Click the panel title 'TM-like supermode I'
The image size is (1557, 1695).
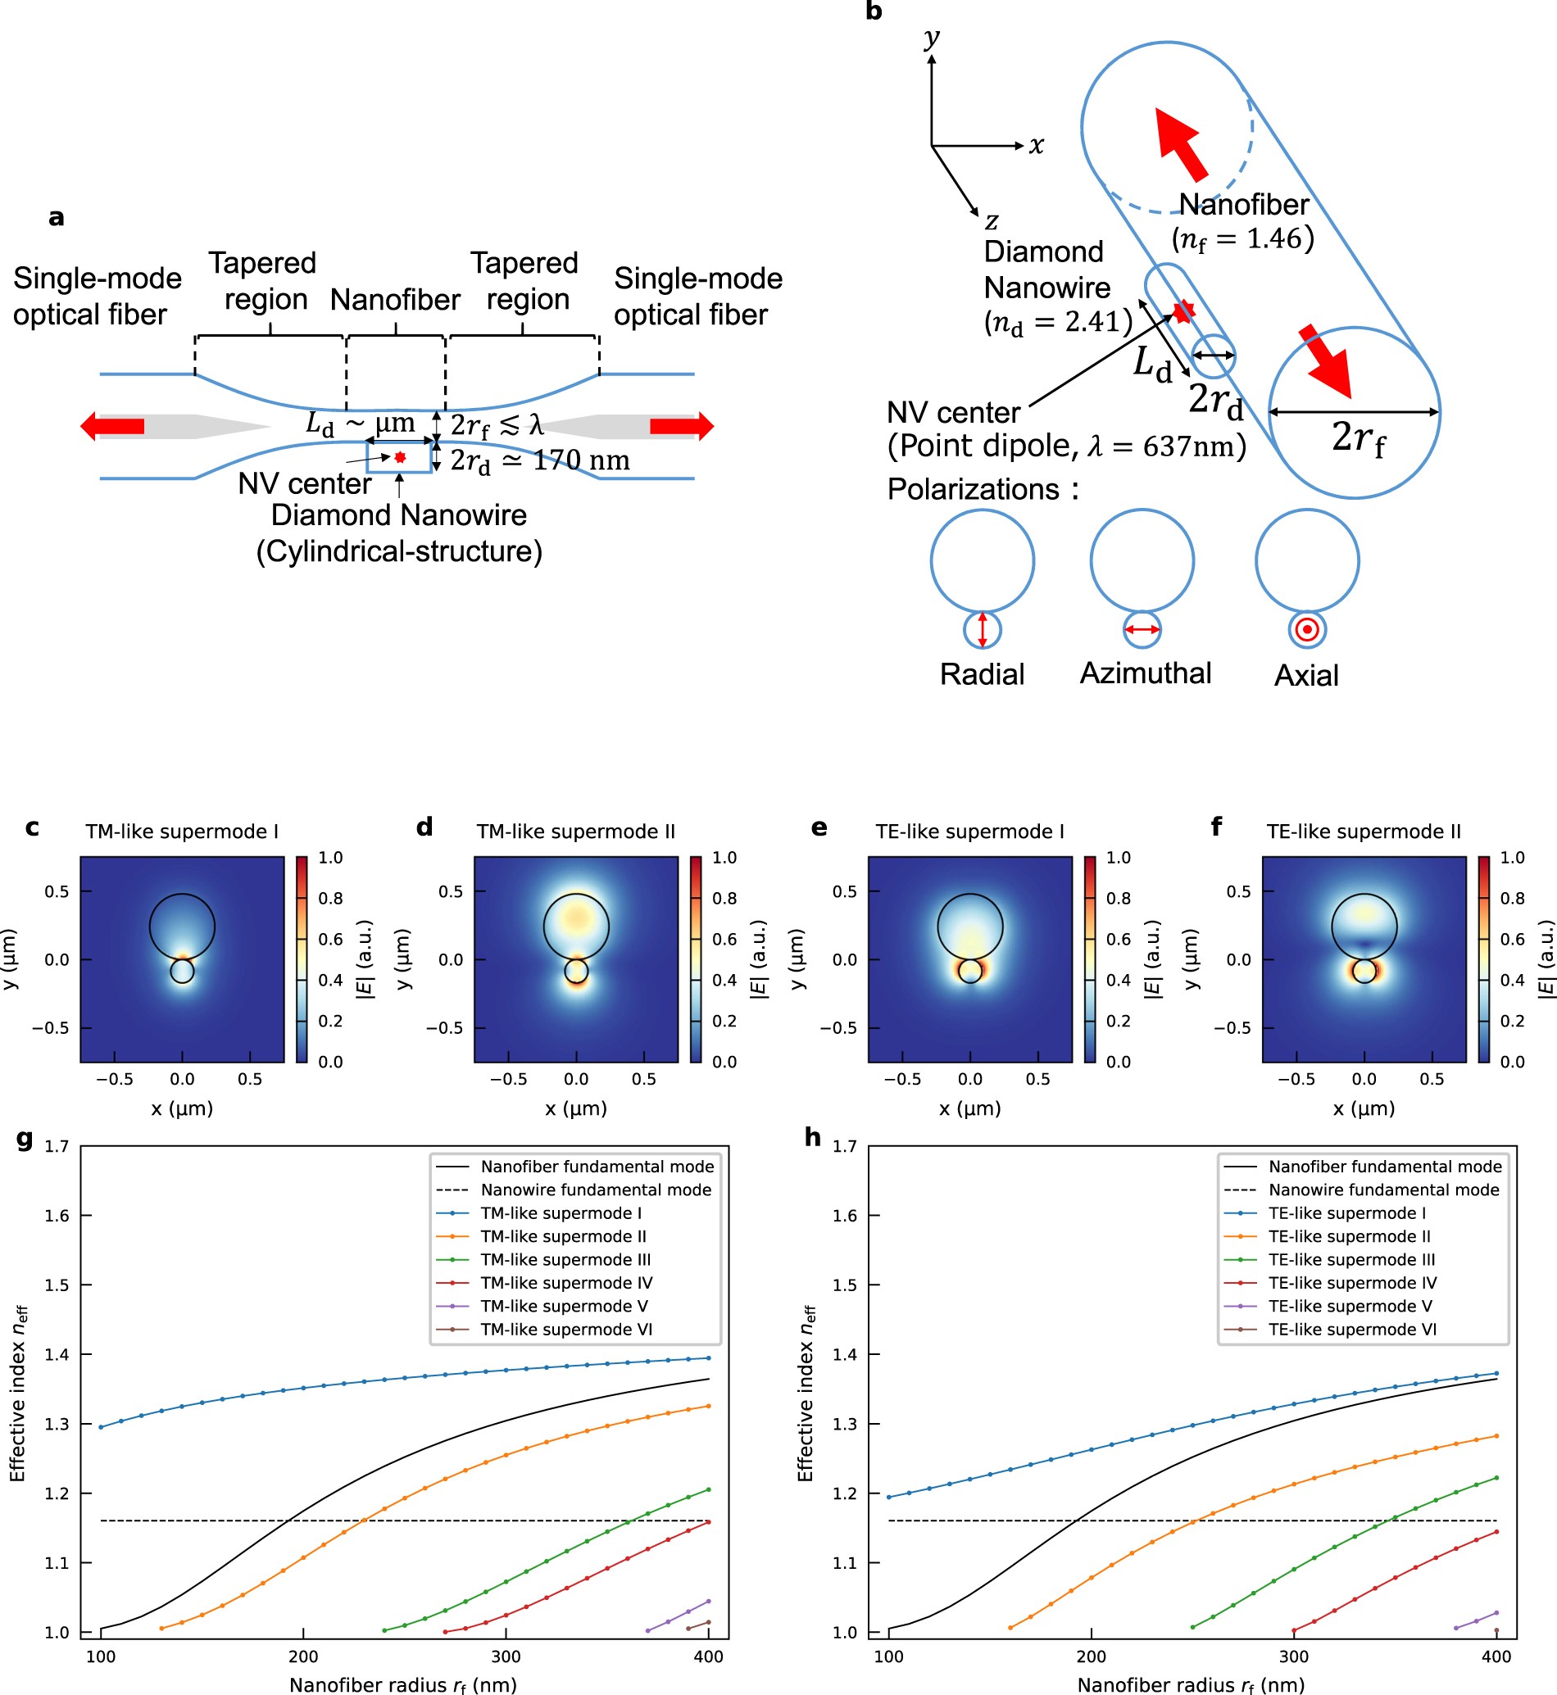pos(181,832)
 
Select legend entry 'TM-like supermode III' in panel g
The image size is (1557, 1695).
pos(565,1259)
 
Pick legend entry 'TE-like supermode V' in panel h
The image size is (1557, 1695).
pos(1350,1306)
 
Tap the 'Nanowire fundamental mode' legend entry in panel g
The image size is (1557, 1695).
pos(596,1190)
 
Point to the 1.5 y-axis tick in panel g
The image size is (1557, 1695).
pos(57,1285)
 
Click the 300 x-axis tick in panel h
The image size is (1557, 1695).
pos(1294,1656)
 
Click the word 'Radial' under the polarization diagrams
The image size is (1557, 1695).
pos(982,674)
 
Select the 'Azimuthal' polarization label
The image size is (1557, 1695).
pos(1145,673)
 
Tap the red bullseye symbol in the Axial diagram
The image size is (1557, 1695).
pos(1307,629)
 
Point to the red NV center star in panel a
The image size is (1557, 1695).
pos(400,457)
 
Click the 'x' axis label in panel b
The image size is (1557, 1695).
pos(1037,145)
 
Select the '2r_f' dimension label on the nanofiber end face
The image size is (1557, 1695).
pos(1357,438)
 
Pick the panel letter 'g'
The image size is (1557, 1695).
pos(25,1139)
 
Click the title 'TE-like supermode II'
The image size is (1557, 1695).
pos(1364,832)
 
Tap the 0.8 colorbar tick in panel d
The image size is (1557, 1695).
pos(724,898)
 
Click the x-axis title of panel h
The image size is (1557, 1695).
pos(1191,1684)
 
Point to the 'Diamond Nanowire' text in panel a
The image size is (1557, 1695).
pos(398,514)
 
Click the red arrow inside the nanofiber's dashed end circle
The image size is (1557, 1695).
pos(1179,143)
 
